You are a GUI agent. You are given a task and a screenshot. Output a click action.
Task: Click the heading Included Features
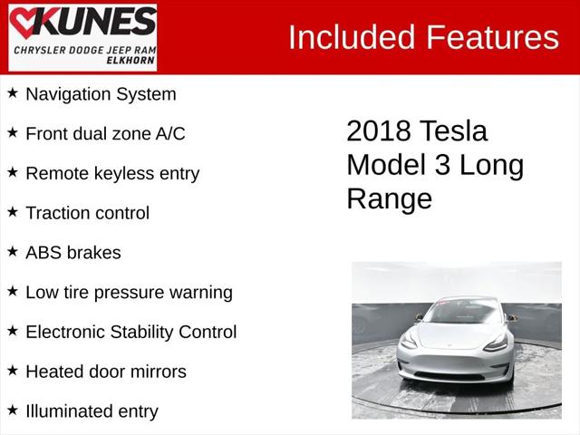pyautogui.click(x=423, y=37)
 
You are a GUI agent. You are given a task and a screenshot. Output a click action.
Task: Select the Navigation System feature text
pyautogui.click(x=101, y=93)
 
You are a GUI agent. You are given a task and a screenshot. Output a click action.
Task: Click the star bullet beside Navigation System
pyautogui.click(x=13, y=92)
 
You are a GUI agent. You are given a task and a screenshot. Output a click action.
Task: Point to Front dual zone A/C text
pyautogui.click(x=105, y=133)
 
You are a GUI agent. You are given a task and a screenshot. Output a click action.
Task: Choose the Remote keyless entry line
pyautogui.click(x=112, y=173)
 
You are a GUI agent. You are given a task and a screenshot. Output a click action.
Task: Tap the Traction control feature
pyautogui.click(x=87, y=213)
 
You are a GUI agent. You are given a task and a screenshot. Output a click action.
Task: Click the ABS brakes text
pyautogui.click(x=72, y=252)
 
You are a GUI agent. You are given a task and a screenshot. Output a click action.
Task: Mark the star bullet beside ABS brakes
pyautogui.click(x=13, y=251)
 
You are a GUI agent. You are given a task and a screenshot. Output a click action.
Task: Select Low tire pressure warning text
pyautogui.click(x=129, y=292)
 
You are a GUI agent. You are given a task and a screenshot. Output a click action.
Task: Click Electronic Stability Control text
pyautogui.click(x=130, y=332)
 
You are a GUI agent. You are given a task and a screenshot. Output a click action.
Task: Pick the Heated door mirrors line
pyautogui.click(x=105, y=372)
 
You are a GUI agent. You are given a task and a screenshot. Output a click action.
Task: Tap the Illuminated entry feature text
pyautogui.click(x=92, y=411)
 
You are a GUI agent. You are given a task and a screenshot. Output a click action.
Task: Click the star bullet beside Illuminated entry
pyautogui.click(x=13, y=410)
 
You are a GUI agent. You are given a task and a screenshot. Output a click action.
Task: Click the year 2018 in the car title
pyautogui.click(x=379, y=131)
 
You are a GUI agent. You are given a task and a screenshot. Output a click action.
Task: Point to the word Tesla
pyautogui.click(x=453, y=131)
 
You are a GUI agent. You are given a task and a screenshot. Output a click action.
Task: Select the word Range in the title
pyautogui.click(x=390, y=198)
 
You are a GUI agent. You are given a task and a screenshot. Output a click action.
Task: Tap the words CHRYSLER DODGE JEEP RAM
pyautogui.click(x=82, y=52)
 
